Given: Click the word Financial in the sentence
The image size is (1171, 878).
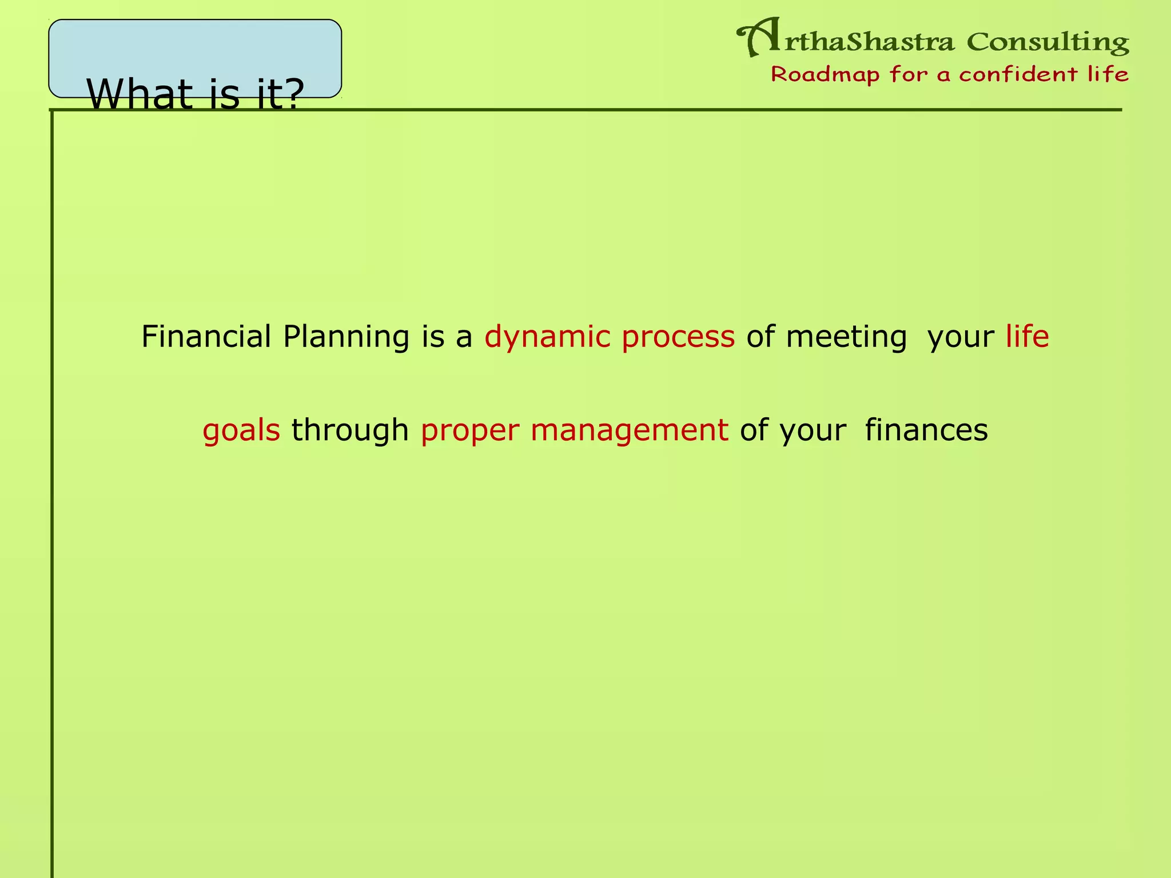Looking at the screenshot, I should point(206,336).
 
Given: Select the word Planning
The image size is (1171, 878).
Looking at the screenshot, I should point(346,337).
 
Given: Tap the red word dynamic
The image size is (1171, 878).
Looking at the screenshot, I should point(547,337).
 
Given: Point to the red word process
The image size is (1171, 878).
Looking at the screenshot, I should point(678,337).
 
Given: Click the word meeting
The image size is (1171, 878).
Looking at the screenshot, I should point(846,337).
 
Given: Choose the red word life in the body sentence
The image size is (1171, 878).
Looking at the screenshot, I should point(1027,336).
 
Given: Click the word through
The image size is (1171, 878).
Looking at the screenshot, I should point(350,430).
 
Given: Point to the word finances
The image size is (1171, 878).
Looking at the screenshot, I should point(926,430).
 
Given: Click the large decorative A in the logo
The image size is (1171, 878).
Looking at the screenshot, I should point(759,38).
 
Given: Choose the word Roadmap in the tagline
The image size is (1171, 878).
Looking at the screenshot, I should point(825,74).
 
